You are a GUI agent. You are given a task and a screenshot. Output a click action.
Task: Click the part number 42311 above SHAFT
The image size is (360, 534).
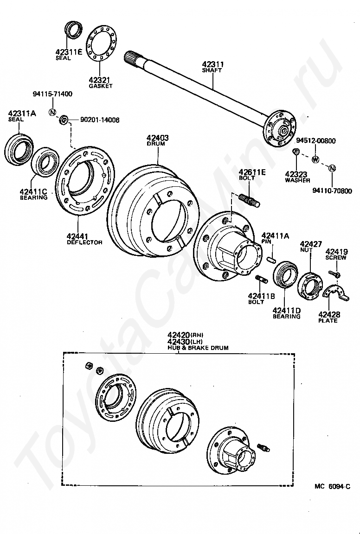coord(212,64)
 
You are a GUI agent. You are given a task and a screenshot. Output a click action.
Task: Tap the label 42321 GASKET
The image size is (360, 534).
coord(101,82)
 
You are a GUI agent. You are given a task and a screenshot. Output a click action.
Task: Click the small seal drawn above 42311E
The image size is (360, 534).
coord(73,30)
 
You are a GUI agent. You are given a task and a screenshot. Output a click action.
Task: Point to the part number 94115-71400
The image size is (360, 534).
coord(52,94)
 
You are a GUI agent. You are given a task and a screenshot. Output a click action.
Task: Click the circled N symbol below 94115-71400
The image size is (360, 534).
coord(52,113)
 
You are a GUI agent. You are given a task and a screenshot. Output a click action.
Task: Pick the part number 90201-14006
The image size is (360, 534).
coord(100,120)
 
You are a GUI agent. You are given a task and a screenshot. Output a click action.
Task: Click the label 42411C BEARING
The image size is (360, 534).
coord(33,194)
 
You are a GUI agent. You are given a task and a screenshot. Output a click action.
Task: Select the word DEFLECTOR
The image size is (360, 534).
coord(84,242)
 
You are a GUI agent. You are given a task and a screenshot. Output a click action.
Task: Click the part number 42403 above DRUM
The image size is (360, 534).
coord(157,138)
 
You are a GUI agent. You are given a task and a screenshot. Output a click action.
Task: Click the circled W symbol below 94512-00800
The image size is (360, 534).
coord(315,160)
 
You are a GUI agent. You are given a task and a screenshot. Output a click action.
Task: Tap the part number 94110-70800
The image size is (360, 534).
coord(332,191)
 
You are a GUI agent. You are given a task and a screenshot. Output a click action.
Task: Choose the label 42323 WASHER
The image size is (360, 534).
coord(297,177)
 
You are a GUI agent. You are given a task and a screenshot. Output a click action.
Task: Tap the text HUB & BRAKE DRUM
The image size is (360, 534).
coord(198,348)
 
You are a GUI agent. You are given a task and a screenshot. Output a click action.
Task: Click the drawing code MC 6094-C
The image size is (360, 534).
coord(332,486)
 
